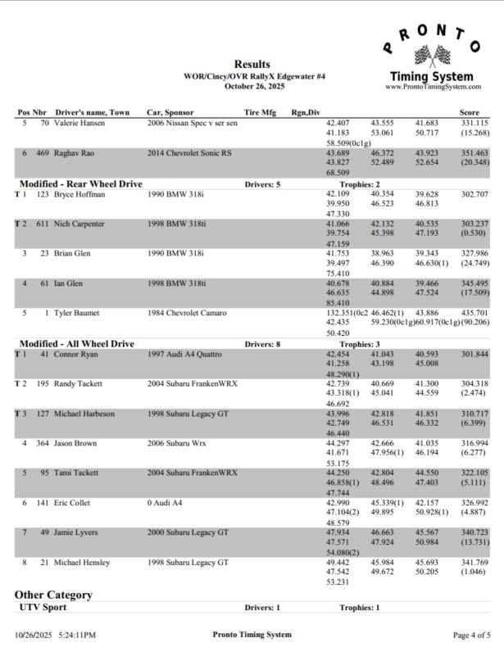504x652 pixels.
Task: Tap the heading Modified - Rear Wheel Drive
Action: pos(80,184)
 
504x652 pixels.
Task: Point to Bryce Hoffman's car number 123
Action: pos(43,194)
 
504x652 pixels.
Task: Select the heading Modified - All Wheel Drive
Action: pos(76,344)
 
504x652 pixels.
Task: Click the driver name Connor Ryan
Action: pos(75,354)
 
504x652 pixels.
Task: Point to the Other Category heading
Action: pos(53,594)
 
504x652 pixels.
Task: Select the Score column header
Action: pos(470,112)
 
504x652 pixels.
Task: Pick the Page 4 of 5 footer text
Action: pos(471,635)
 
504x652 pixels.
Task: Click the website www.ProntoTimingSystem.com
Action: pos(432,86)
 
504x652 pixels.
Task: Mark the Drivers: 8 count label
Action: pos(262,344)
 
